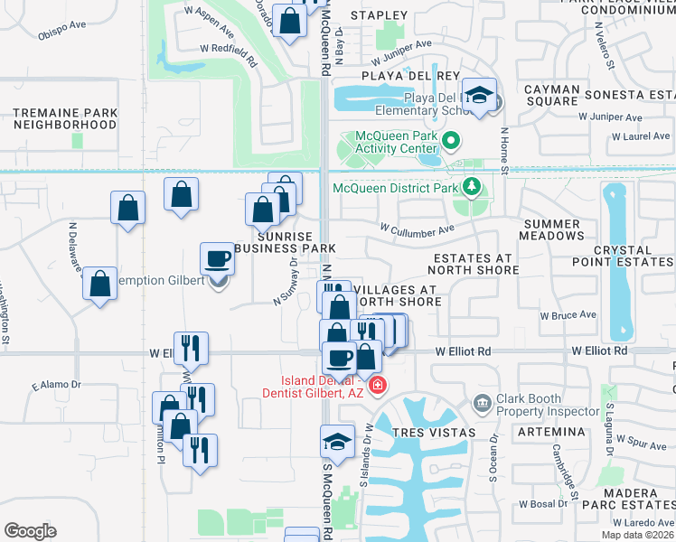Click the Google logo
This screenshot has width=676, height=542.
point(30,531)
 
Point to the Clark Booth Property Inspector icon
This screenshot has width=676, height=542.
point(482,401)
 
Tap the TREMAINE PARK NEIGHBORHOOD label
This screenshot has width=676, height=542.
point(65,117)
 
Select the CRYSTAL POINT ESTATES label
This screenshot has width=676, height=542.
point(623,256)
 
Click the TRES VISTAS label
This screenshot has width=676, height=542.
point(433,433)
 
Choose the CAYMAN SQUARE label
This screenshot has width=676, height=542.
point(552,95)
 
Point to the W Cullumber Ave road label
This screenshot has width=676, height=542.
point(417,229)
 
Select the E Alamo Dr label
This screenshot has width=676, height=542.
point(56,385)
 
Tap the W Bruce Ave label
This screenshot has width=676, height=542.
point(568,315)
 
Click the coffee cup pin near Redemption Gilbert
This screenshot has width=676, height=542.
point(217,259)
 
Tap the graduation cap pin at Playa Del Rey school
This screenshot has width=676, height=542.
point(480,94)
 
